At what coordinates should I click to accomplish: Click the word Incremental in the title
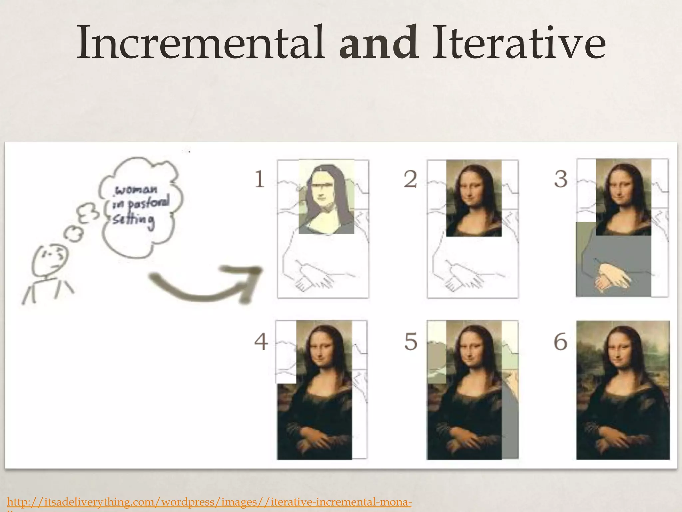[200, 43]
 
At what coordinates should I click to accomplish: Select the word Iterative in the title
[518, 43]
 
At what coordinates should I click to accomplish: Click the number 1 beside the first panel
[259, 179]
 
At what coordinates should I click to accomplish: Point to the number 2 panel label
[410, 179]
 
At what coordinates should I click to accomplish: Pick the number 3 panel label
[561, 179]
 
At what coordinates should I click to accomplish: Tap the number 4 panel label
[261, 342]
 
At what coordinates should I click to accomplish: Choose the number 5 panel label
[411, 342]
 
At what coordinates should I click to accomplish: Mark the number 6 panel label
[561, 342]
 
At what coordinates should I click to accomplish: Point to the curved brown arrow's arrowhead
[250, 277]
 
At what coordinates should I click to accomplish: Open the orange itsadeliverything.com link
[209, 502]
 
